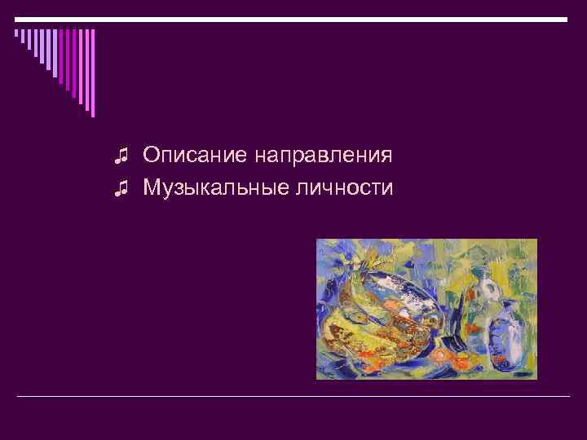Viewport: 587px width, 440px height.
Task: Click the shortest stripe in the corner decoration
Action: pyautogui.click(x=15, y=34)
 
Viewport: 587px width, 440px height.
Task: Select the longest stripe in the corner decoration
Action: pyautogui.click(x=92, y=73)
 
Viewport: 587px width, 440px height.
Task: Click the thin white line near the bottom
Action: pyautogui.click(x=293, y=396)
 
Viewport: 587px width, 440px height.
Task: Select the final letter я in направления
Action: pyautogui.click(x=387, y=156)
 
